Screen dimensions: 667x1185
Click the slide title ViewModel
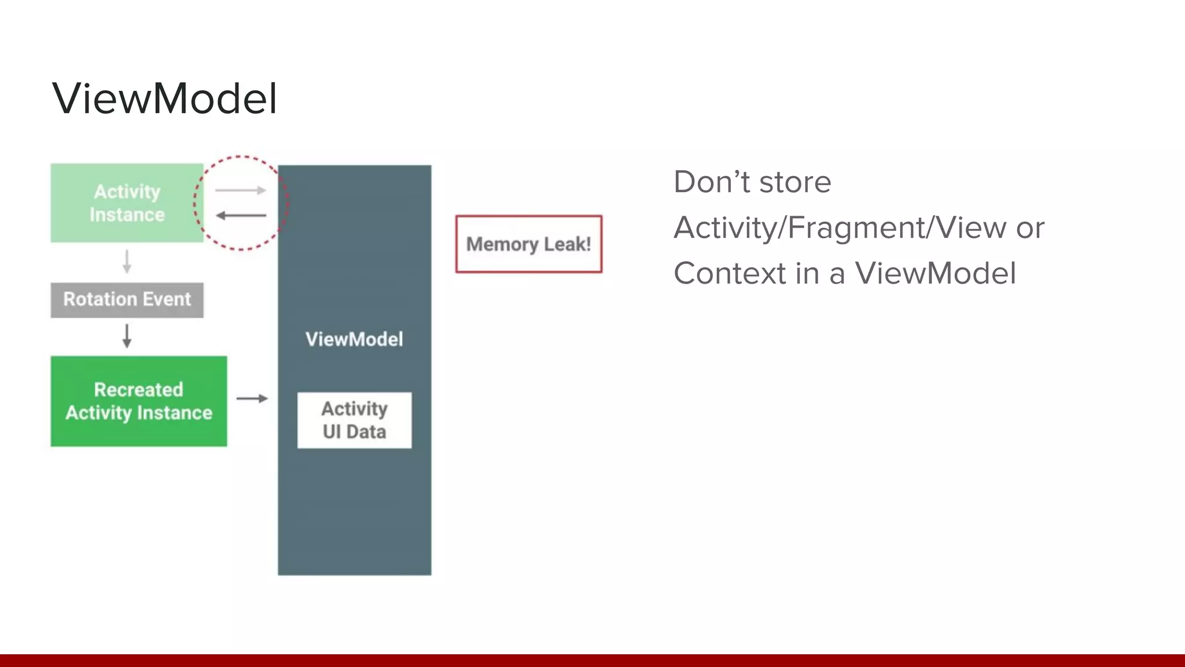165,98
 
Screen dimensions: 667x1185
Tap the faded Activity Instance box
127,203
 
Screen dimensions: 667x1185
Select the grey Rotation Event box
127,300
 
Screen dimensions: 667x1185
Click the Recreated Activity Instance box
139,401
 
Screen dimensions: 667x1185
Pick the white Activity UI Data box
354,420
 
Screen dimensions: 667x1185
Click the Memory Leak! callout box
528,244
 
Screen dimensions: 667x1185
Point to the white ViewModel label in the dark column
354,339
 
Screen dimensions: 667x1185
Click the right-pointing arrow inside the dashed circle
241,190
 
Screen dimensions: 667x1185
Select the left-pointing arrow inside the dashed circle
241,215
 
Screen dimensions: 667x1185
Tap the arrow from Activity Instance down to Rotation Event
127,262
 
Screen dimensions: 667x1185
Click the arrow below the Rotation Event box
127,336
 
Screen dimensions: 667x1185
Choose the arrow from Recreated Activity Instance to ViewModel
252,398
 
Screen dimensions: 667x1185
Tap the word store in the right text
795,182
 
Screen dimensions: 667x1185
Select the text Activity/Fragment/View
840,228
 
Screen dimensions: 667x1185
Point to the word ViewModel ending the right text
935,273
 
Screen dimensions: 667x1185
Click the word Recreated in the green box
139,390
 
